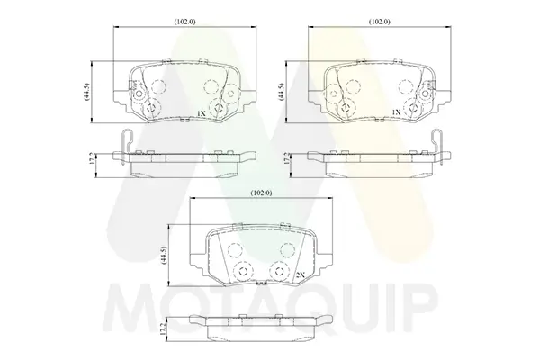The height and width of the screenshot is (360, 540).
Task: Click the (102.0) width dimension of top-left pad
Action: [x=184, y=22]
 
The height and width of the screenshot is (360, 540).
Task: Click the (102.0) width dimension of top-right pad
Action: [x=380, y=22]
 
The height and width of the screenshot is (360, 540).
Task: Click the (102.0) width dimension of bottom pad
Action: [x=261, y=193]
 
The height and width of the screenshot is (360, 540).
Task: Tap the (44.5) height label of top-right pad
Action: [x=282, y=92]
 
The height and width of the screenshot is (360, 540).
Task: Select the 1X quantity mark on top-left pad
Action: [x=201, y=113]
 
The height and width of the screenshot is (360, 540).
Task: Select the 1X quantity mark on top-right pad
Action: [x=396, y=112]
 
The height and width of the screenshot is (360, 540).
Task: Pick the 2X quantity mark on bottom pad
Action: [x=301, y=274]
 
